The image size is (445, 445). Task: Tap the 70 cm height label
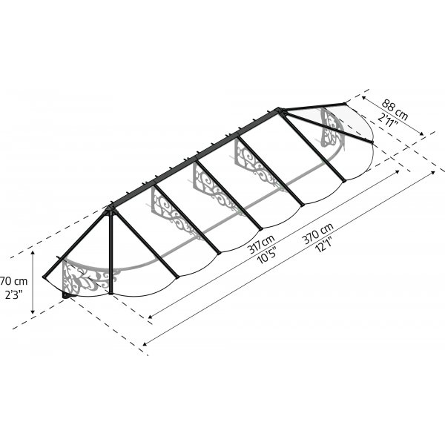pos(14,281)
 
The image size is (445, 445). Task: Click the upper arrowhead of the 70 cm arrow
pos(33,253)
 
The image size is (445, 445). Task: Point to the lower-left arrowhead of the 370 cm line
pos(145,343)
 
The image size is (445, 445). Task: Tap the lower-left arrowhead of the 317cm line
pos(151,320)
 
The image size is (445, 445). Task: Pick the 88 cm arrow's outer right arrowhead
pos(423,134)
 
